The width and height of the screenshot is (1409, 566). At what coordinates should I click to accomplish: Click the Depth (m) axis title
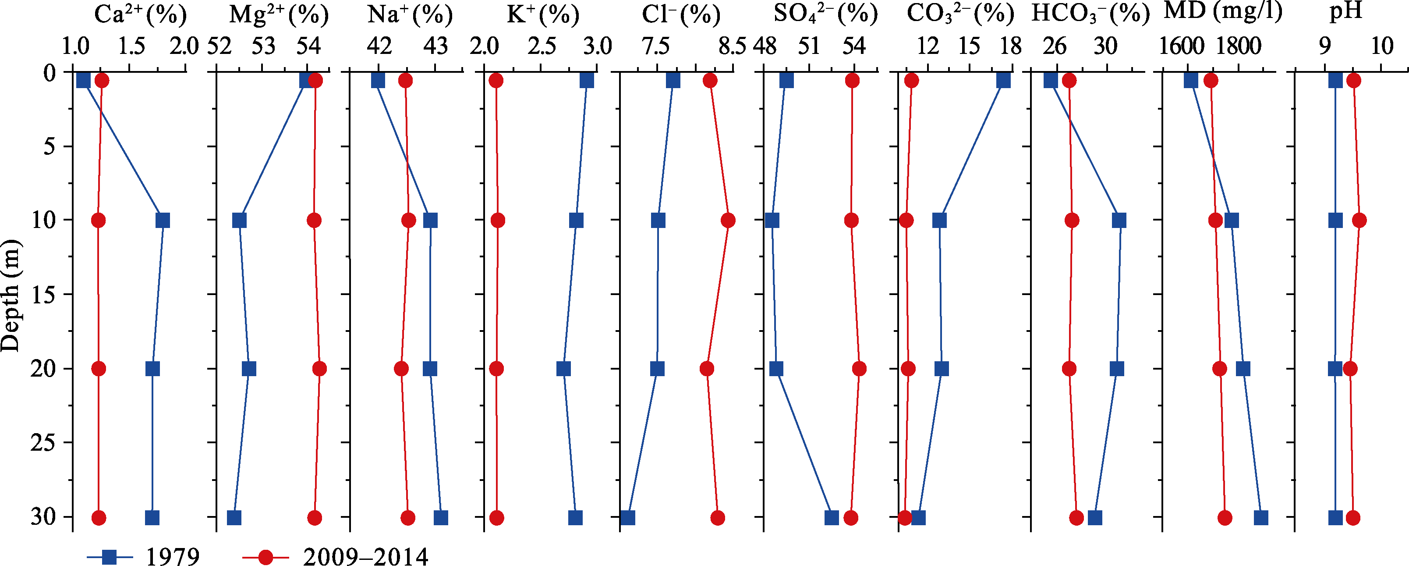pyautogui.click(x=11, y=295)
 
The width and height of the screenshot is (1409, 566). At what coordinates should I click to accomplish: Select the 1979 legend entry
pyautogui.click(x=143, y=556)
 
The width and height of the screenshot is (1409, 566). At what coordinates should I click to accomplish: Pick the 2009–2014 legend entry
pyautogui.click(x=335, y=556)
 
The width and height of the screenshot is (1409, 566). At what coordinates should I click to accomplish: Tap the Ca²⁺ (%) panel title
pyautogui.click(x=141, y=15)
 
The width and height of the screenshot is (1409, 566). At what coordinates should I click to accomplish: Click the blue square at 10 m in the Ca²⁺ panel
pyautogui.click(x=163, y=221)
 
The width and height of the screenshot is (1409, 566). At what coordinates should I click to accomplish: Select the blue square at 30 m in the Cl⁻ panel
pyautogui.click(x=628, y=518)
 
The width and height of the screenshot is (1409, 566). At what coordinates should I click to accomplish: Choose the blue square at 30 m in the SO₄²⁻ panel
pyautogui.click(x=832, y=518)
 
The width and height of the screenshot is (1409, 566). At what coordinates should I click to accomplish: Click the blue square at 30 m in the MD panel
pyautogui.click(x=1261, y=518)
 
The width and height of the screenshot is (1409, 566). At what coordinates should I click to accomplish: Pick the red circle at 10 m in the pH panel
pyautogui.click(x=1359, y=221)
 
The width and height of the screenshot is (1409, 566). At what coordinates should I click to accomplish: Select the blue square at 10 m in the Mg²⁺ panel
pyautogui.click(x=240, y=221)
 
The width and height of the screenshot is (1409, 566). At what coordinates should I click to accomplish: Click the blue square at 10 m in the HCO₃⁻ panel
pyautogui.click(x=1119, y=221)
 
